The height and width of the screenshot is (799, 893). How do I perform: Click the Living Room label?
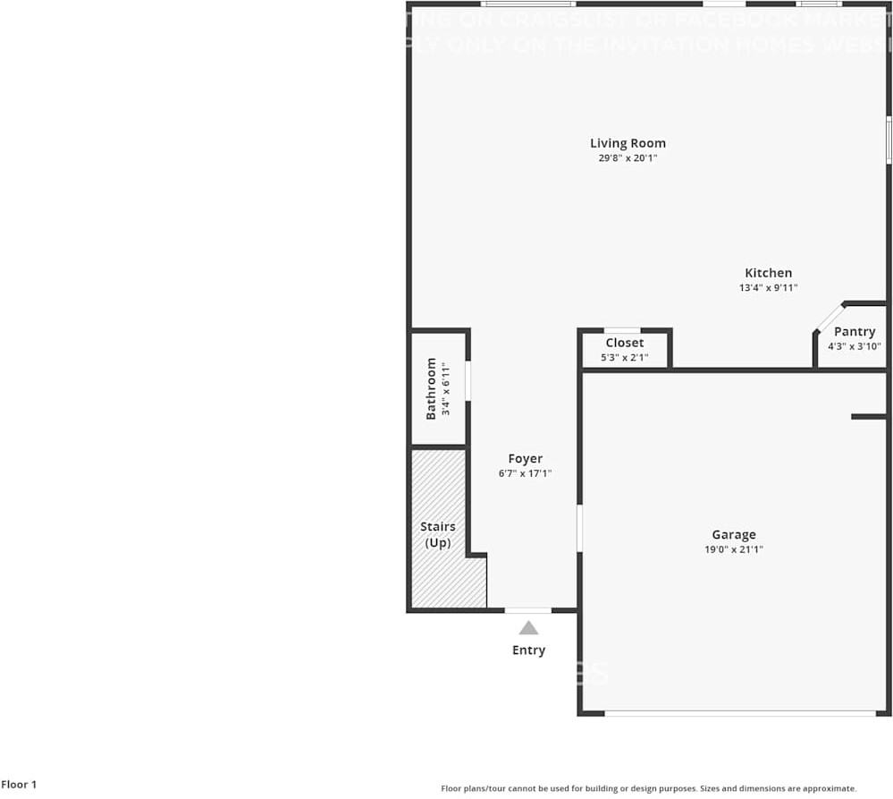coord(628,143)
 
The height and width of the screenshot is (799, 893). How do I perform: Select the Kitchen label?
coord(768,273)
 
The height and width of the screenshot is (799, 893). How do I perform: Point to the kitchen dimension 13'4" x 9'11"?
coord(768,288)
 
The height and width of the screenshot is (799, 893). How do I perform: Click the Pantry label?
coord(854,332)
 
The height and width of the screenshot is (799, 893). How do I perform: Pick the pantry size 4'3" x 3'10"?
coord(854,346)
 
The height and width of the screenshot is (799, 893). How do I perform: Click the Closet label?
coord(624,343)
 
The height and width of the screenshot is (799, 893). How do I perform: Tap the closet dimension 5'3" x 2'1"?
coord(624,358)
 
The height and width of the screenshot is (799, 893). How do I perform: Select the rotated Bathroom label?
coord(431,389)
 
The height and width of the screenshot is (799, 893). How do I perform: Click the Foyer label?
coord(525,459)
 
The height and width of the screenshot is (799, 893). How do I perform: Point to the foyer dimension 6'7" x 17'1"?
coord(525,473)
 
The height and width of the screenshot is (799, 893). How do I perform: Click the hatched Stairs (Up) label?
coord(437,535)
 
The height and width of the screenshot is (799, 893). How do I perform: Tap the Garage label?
coord(733,535)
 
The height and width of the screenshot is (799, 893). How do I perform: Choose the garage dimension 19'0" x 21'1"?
coord(733,549)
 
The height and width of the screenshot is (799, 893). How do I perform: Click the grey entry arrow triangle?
coord(528,628)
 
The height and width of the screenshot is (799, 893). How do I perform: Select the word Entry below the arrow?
coord(528,650)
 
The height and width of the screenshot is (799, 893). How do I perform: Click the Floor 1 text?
coord(19,785)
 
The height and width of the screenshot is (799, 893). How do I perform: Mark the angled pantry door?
coord(830,318)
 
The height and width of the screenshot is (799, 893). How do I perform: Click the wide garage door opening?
coord(739,713)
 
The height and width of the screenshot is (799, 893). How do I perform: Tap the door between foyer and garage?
coord(579,528)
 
